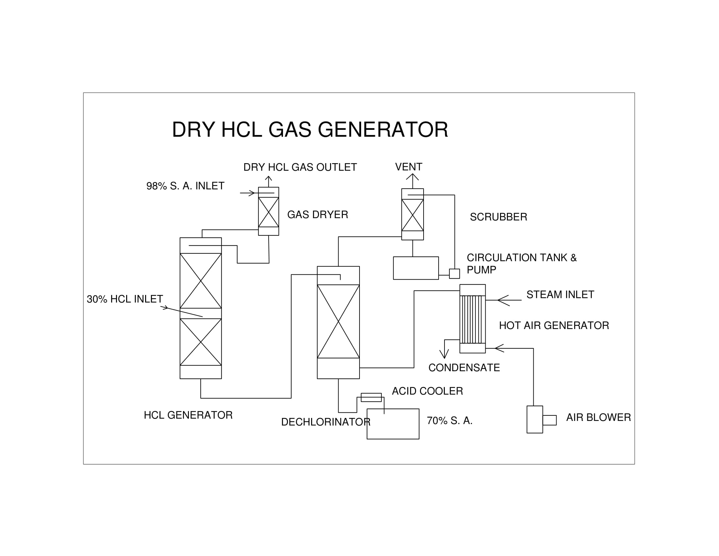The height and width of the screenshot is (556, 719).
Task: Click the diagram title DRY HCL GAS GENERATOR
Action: [x=310, y=130]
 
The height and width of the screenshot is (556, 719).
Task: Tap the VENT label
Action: [x=409, y=167]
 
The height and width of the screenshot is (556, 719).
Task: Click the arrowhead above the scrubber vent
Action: [x=412, y=177]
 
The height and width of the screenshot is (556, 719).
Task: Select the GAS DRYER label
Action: [x=317, y=215]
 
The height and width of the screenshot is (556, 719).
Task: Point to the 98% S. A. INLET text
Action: [x=185, y=186]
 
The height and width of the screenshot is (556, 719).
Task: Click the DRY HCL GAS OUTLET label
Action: [x=300, y=167]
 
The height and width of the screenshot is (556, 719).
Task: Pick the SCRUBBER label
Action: [x=498, y=217]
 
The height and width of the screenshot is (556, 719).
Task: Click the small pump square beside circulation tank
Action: [x=454, y=274]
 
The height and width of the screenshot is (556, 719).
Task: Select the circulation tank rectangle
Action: [x=416, y=268]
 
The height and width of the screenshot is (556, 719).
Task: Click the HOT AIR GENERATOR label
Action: [x=554, y=326]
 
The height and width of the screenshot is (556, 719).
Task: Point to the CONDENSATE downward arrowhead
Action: [x=444, y=355]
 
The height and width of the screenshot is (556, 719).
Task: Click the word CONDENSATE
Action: [x=464, y=368]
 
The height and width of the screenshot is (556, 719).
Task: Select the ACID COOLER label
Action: [x=427, y=391]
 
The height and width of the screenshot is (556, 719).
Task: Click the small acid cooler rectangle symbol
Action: [x=371, y=398]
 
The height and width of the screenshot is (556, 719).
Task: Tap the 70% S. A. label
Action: [x=449, y=421]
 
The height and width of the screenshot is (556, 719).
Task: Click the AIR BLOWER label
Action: [x=598, y=418]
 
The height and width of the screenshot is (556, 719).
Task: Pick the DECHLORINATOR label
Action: [x=326, y=422]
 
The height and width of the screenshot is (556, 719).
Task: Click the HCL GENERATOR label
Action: [x=188, y=415]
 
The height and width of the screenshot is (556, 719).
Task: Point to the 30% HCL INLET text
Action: [x=125, y=299]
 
